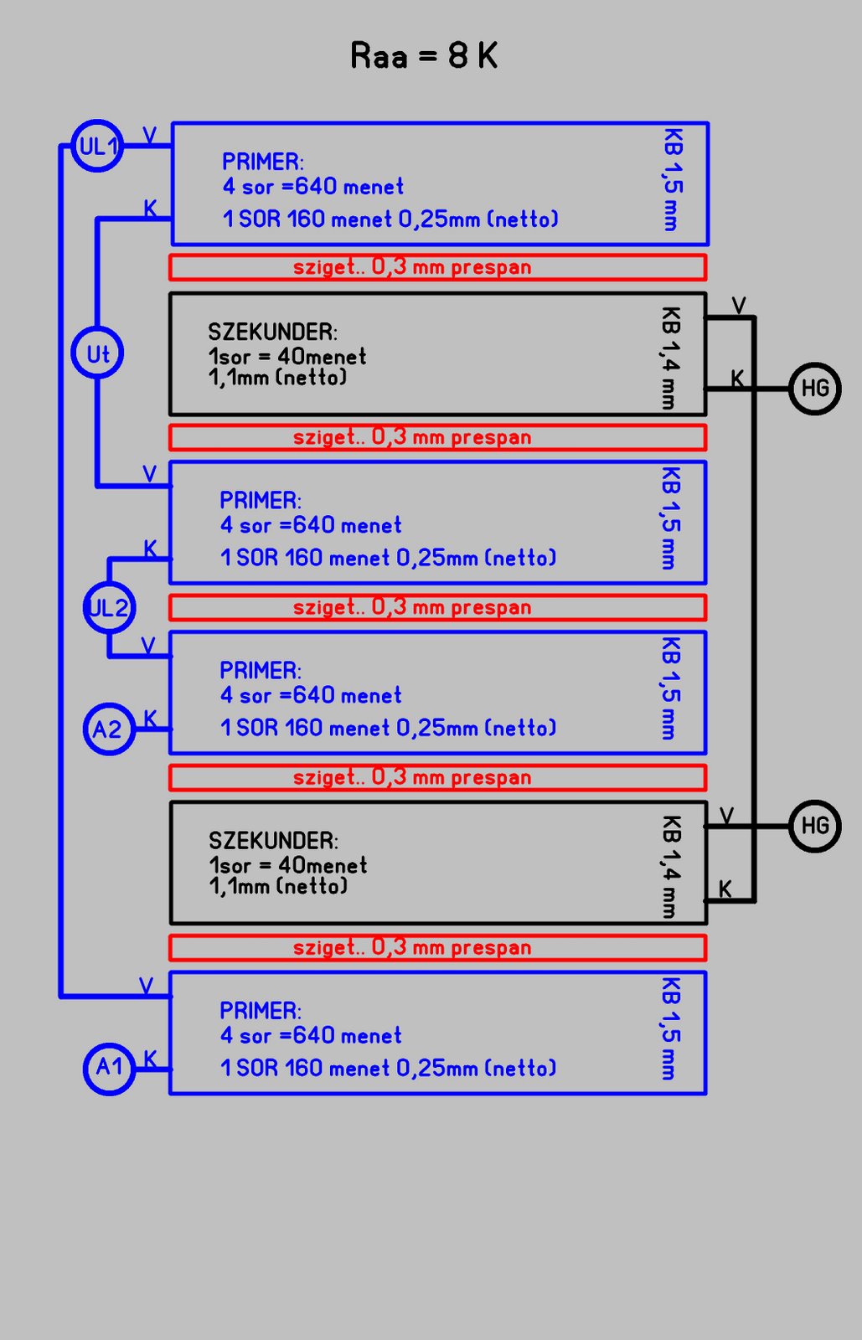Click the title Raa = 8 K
424,56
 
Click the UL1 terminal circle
97,146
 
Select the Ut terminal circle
97,353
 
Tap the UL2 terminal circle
109,607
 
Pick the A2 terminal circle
109,729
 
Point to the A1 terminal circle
109,1067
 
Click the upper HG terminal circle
814,388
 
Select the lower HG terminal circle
814,826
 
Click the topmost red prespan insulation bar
437,267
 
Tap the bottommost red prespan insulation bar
437,947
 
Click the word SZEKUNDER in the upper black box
272,332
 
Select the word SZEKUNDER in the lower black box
273,840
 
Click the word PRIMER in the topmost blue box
262,161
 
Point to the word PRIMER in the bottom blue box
260,1010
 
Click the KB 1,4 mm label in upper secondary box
670,358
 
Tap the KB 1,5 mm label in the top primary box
673,179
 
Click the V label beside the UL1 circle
149,136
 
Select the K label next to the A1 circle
150,1059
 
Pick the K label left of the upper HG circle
737,379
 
